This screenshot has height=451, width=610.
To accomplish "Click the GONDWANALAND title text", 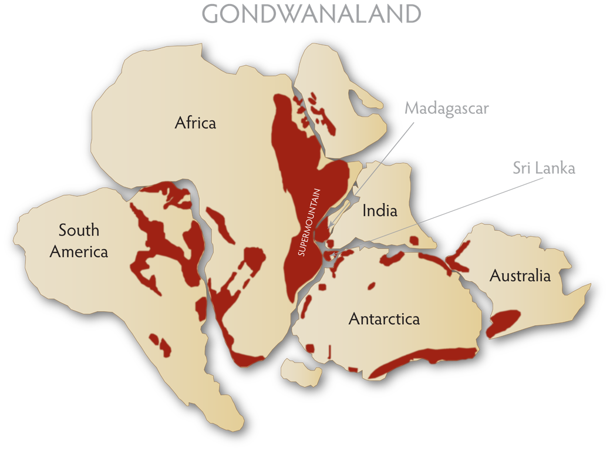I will [312, 14].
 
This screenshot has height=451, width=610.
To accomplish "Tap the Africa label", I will [196, 123].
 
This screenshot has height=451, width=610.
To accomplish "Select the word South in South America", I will [79, 230].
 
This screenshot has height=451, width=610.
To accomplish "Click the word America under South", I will [79, 251].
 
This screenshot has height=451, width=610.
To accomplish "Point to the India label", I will [379, 210].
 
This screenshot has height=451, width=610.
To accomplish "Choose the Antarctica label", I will [384, 319].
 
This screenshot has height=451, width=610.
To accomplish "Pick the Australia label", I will [520, 275].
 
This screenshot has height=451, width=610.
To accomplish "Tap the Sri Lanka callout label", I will [543, 168].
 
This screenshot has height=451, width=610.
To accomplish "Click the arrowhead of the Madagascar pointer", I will [331, 226].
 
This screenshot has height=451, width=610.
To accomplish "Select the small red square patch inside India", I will [414, 240].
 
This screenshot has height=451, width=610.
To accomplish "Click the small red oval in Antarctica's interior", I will [371, 287].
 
